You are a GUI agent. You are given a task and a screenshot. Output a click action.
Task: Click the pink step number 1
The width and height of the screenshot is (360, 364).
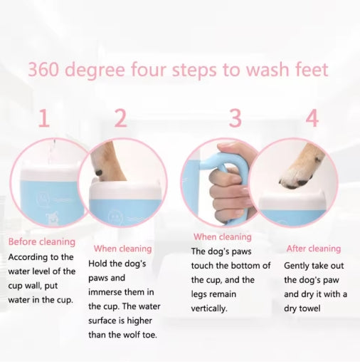[x=44, y=118]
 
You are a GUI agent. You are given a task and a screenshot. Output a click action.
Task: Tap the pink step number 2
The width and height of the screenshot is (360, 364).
[x=120, y=118]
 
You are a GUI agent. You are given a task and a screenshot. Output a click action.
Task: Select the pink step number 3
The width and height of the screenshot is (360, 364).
[x=235, y=118]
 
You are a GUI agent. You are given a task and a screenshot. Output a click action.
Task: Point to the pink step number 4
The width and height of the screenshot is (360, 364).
[x=312, y=118]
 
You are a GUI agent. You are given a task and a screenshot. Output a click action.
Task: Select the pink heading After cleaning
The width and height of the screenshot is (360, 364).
[x=313, y=249]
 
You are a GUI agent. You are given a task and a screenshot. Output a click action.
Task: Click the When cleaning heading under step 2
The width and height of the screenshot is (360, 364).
[x=122, y=249]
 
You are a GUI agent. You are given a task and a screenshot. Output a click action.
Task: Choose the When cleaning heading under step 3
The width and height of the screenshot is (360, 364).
[x=222, y=236]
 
